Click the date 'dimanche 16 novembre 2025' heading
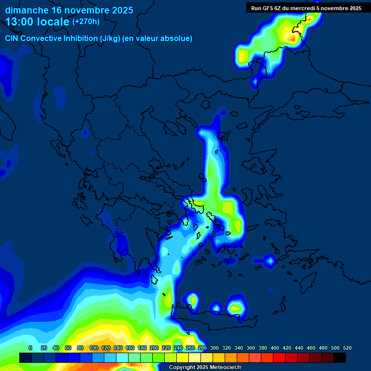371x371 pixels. coord(69,10)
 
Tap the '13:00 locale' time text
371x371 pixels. coord(38,22)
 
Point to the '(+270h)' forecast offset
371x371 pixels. coord(86,21)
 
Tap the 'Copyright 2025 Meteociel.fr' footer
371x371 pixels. coord(204,368)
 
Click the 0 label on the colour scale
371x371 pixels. coord(30,348)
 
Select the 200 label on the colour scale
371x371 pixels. coord(154,348)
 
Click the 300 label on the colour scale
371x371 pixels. coord(214,348)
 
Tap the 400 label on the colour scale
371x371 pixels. coord(275,348)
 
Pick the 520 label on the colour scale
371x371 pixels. coord(347,348)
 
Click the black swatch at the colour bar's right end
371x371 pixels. coord(340,358)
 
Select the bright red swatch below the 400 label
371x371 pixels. coord(279,358)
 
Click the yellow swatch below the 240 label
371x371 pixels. coord(183,358)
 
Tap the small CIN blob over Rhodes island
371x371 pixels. coord(270,261)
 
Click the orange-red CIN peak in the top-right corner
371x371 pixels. coord(292,36)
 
